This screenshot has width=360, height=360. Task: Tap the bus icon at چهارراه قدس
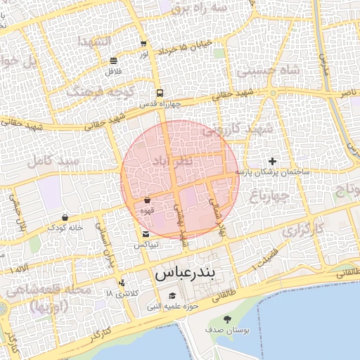point(160,93)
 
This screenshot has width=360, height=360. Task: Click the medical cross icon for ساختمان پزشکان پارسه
point(273,162)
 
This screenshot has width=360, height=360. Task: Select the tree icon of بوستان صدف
point(226,319)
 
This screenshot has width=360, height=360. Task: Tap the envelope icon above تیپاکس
point(146,233)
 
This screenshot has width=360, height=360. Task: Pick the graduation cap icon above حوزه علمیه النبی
point(173,295)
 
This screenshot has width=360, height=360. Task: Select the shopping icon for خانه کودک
point(65,217)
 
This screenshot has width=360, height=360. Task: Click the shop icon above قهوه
point(146,200)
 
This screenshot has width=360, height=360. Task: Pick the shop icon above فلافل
point(114,60)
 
